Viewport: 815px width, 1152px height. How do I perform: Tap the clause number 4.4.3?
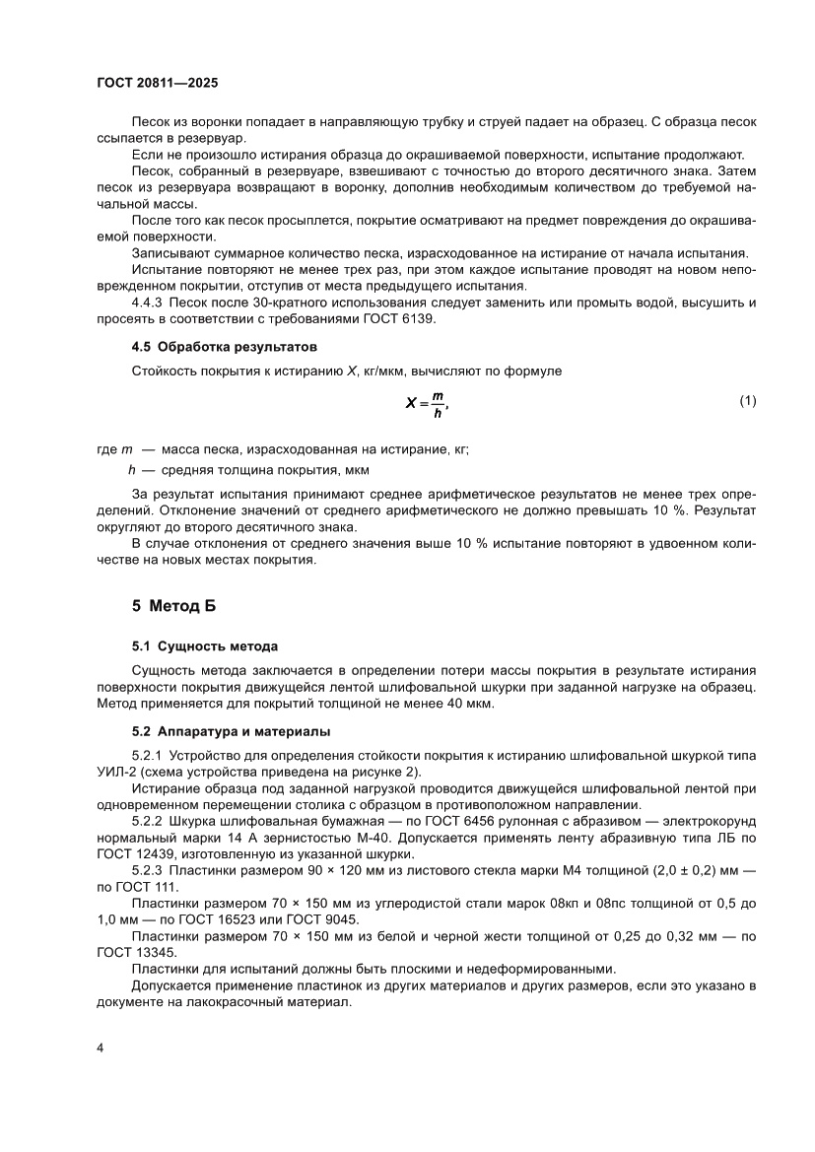(149, 302)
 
